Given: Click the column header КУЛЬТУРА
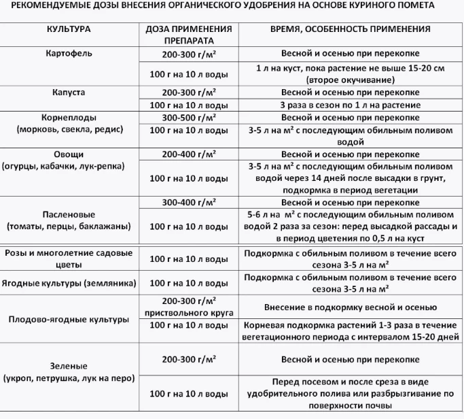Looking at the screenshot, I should (69, 30).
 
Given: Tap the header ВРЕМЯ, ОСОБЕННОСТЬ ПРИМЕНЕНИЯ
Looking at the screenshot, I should (350, 30).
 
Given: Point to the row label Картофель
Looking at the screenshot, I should (69, 52).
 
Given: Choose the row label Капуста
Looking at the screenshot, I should (69, 93).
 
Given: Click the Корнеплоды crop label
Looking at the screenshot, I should (69, 117).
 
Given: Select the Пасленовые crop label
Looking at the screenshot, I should (69, 215).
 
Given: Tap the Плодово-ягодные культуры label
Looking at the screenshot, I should (69, 318).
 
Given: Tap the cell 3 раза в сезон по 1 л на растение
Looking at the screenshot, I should (350, 105).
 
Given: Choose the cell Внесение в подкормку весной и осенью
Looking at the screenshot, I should (350, 306).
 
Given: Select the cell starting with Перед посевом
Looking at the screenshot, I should (350, 393).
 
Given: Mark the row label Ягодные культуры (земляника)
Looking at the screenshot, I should (69, 282).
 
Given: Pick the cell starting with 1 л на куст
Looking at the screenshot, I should (350, 74).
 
